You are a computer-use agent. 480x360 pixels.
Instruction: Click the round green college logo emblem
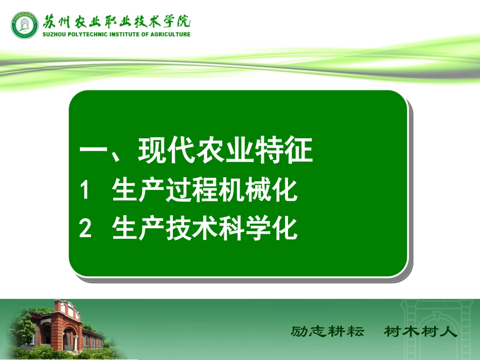pos(25,25)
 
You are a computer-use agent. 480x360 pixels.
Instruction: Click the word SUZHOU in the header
pos(56,34)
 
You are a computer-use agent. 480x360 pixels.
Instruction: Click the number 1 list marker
pos(85,191)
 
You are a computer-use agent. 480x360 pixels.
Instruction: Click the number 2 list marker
pos(85,229)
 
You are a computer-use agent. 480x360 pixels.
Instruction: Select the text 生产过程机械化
pos(205,191)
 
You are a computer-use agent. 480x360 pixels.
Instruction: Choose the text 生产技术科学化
pos(205,229)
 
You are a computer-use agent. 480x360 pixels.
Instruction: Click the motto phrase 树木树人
pos(420,332)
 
